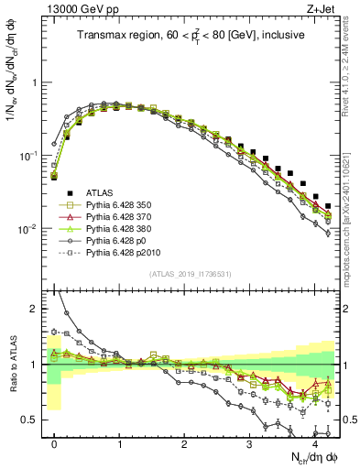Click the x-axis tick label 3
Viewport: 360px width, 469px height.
[249, 442]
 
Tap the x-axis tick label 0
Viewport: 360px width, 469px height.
[55, 442]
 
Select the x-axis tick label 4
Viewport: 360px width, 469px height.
[314, 442]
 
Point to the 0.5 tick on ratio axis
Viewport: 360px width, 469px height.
[32, 420]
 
